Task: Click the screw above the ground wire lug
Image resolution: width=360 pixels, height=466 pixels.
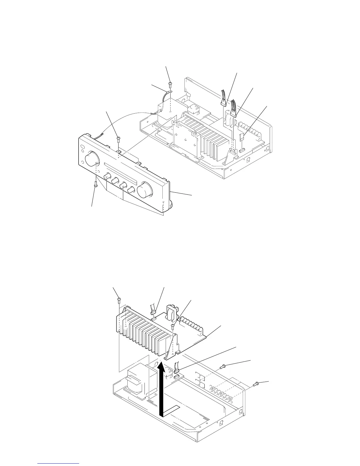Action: click(x=170, y=85)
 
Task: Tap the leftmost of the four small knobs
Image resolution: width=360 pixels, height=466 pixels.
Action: click(x=107, y=177)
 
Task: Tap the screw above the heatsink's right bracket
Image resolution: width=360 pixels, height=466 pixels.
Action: click(x=174, y=325)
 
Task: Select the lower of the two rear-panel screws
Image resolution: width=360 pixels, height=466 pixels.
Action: click(x=256, y=383)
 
